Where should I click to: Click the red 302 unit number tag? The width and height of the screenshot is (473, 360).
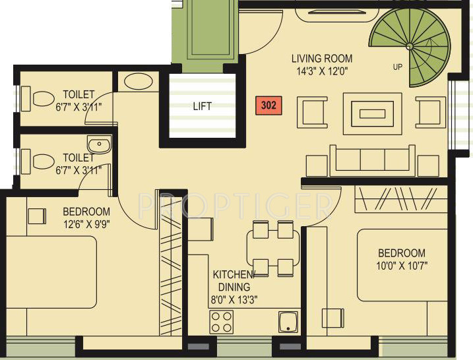point(268,104)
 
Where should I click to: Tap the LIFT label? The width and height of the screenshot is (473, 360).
point(202,105)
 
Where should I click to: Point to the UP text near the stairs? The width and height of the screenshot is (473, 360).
point(397,67)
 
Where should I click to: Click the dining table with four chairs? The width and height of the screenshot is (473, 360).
point(273,249)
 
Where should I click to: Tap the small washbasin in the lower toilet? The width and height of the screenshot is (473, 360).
point(99,144)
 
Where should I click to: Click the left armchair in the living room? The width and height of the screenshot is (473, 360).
point(312,111)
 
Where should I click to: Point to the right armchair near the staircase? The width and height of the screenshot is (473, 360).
point(430,111)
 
